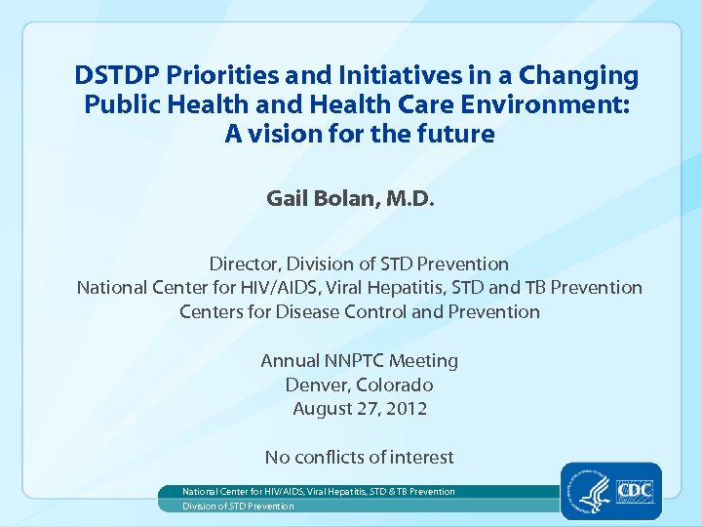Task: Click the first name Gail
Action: tap(287, 199)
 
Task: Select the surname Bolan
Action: tap(344, 199)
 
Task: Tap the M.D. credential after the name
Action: tap(409, 199)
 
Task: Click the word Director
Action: tap(244, 264)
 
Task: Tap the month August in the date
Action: tap(323, 409)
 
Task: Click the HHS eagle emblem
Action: tap(589, 490)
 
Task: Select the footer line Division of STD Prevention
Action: tap(238, 507)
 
